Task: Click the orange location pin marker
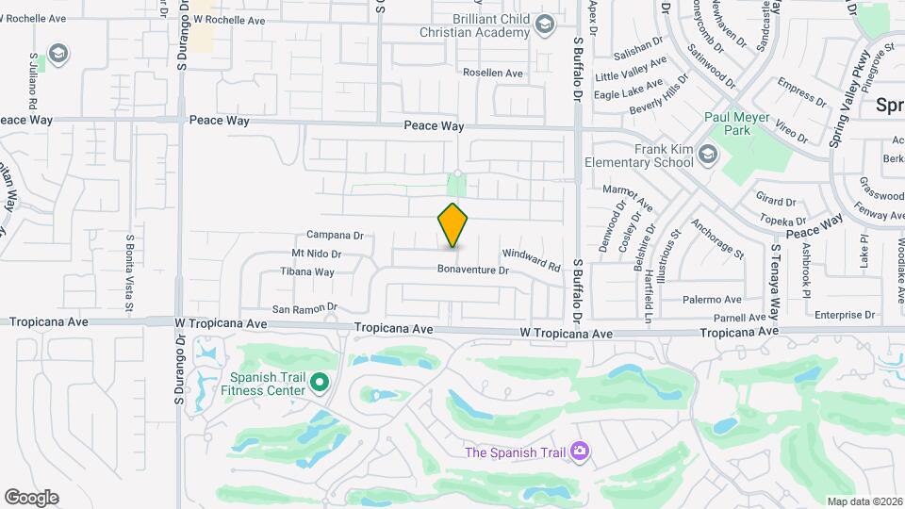[453, 224]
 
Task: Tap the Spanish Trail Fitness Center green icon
[320, 382]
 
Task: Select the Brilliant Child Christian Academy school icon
[544, 24]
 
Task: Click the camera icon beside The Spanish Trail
[579, 452]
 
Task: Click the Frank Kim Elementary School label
[637, 156]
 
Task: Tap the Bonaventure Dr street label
[472, 270]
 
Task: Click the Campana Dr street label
[335, 235]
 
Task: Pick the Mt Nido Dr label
[316, 254]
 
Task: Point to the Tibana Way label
[307, 271]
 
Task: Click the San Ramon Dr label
[304, 307]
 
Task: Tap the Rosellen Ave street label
[492, 73]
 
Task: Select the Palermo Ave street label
[714, 299]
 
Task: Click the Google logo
[31, 497]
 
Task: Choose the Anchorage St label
[717, 239]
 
